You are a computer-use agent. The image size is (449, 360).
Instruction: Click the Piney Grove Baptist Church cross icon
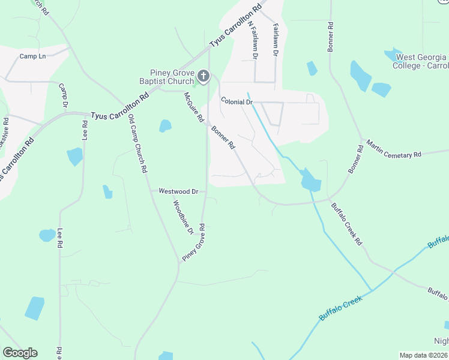pos(203,76)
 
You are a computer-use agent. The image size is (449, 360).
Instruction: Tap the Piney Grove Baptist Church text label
pos(172,76)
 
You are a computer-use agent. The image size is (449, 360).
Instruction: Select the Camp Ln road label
pos(32,56)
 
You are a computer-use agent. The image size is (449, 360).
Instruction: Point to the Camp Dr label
pos(63,96)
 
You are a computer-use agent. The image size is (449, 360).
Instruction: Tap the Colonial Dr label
pos(237,102)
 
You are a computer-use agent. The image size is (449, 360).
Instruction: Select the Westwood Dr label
pos(178,191)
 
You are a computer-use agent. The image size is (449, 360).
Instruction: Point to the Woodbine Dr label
pos(183,217)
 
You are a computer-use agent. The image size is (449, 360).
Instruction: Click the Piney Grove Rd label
pos(194,242)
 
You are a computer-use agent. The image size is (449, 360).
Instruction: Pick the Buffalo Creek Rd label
pos(347,223)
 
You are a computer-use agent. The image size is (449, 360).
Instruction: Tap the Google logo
pos(20,353)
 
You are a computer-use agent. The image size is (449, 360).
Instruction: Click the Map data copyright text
pos(424,355)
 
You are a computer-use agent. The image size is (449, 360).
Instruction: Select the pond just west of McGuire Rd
pos(164,126)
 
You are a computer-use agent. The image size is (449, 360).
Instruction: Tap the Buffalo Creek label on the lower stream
pos(342,305)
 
